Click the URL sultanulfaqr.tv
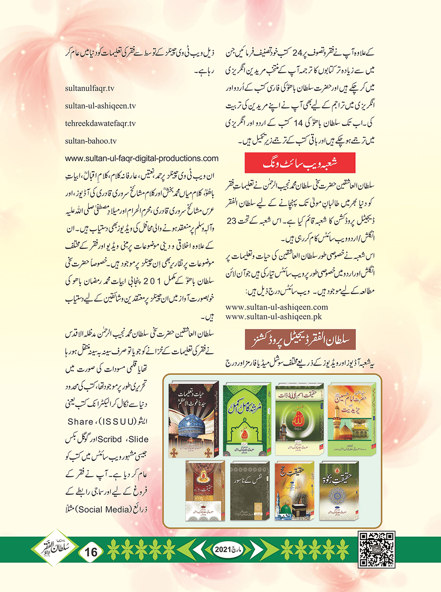(x=89, y=88)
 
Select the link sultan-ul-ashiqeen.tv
(x=100, y=106)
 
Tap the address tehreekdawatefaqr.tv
(x=100, y=123)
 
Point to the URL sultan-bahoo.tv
(x=91, y=141)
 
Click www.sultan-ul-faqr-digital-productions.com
(x=141, y=158)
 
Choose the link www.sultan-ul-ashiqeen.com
(x=276, y=307)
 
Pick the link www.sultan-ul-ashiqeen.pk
(x=273, y=317)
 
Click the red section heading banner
(x=300, y=163)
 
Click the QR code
(x=377, y=549)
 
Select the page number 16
(x=91, y=552)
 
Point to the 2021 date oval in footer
(x=228, y=549)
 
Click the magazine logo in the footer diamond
(x=54, y=548)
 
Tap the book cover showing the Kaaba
(x=294, y=490)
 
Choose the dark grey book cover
(x=250, y=491)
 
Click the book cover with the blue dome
(x=193, y=419)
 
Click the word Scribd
(x=110, y=439)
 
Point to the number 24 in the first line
(x=297, y=53)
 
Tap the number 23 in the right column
(x=231, y=221)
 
